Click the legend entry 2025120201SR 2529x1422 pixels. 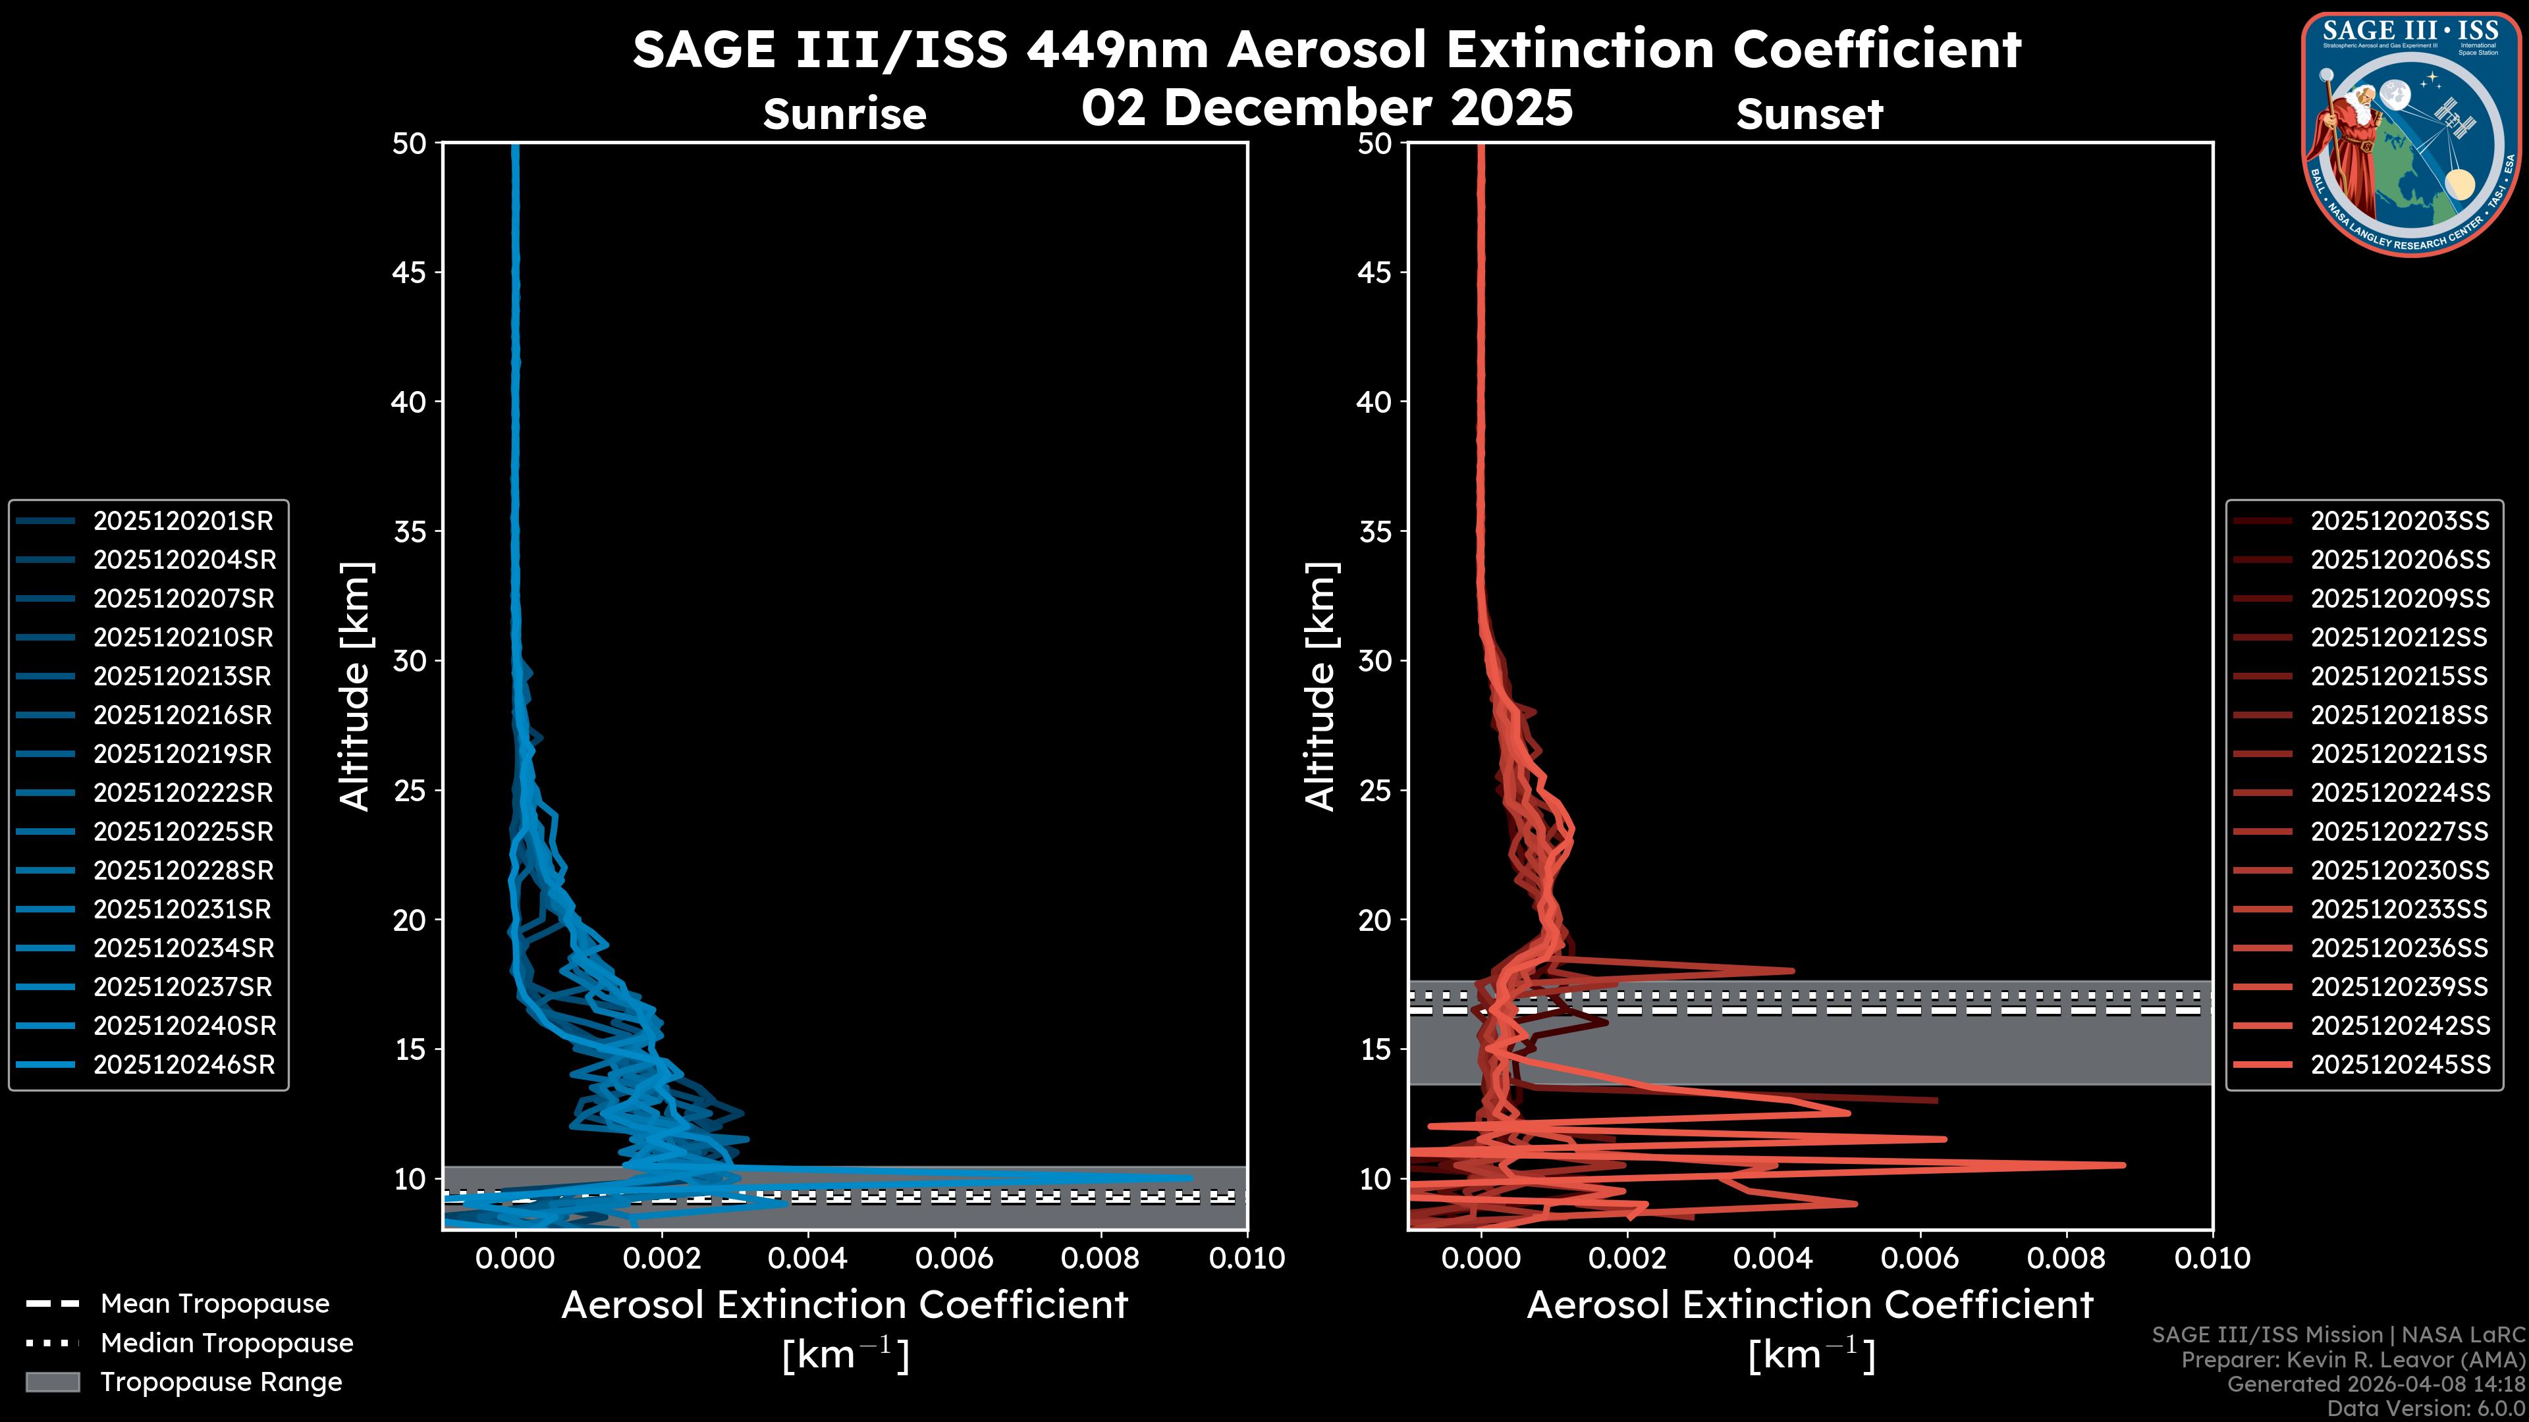click(182, 521)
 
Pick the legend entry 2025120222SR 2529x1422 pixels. click(182, 793)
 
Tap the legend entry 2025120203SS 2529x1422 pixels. click(2399, 521)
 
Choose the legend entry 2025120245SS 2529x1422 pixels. click(2399, 1065)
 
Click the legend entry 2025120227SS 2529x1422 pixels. click(2399, 832)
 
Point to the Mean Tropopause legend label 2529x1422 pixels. click(215, 1304)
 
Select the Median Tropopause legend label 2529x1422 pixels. click(227, 1344)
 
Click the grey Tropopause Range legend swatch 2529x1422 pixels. click(52, 1382)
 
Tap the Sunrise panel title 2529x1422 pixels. click(844, 115)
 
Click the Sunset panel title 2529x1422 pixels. click(1809, 115)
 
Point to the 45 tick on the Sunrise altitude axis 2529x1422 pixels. click(408, 273)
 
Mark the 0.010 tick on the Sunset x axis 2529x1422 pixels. click(2212, 1258)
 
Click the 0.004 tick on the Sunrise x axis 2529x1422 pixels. click(808, 1258)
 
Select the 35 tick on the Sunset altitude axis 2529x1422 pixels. click(1374, 532)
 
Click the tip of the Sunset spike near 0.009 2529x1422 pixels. click(2123, 1165)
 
